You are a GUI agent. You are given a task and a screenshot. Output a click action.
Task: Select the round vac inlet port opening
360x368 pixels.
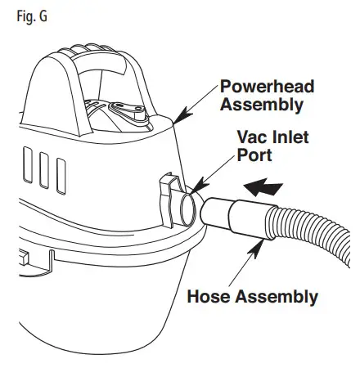pyautogui.click(x=189, y=205)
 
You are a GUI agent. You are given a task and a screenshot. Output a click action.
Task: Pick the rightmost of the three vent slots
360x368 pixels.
pyautogui.click(x=61, y=169)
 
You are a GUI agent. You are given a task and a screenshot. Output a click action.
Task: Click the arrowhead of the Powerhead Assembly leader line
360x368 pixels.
pyautogui.click(x=175, y=123)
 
